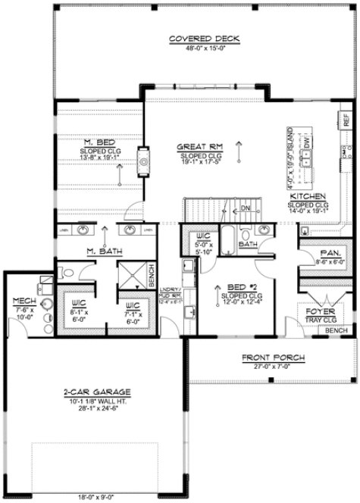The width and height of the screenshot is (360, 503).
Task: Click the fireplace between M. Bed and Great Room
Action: click(x=141, y=160)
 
